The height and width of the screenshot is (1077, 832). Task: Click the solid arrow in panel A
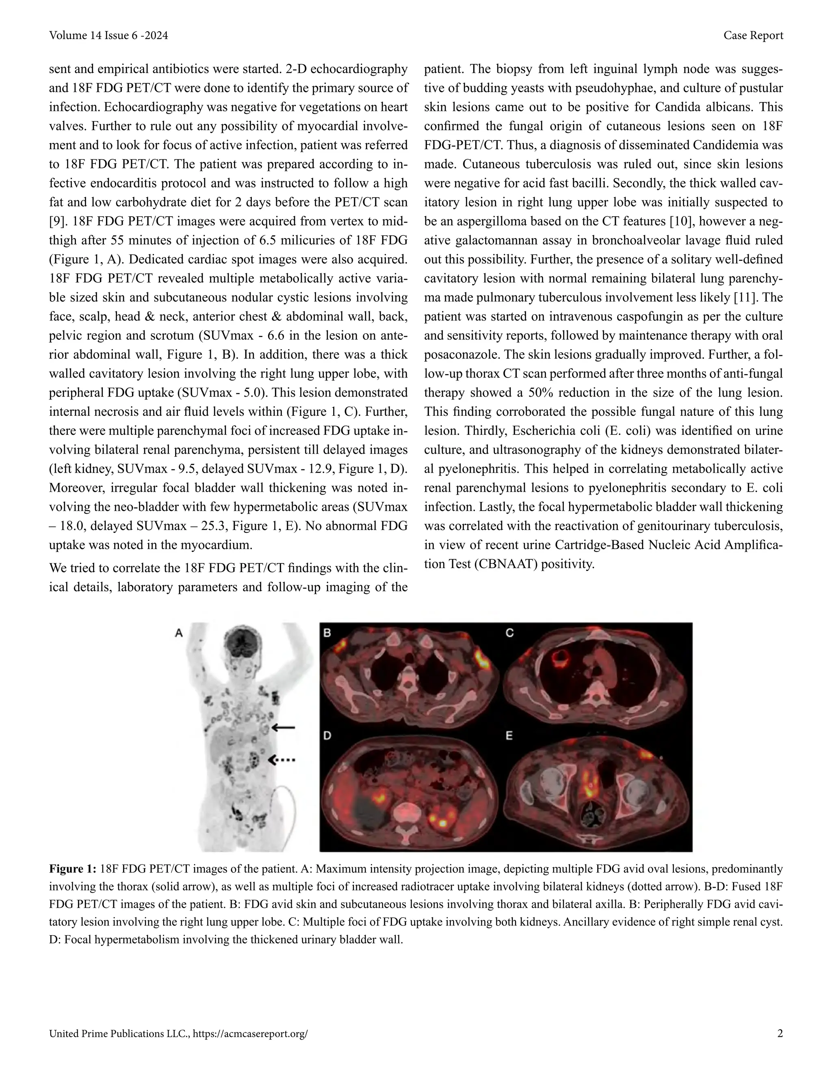tap(284, 727)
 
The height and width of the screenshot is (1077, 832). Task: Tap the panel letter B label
tap(327, 633)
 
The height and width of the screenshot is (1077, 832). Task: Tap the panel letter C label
tap(510, 633)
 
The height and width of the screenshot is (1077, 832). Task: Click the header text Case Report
tap(753, 35)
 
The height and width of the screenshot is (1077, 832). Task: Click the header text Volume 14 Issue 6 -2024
tap(108, 35)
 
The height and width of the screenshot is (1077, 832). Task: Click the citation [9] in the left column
tap(58, 221)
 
